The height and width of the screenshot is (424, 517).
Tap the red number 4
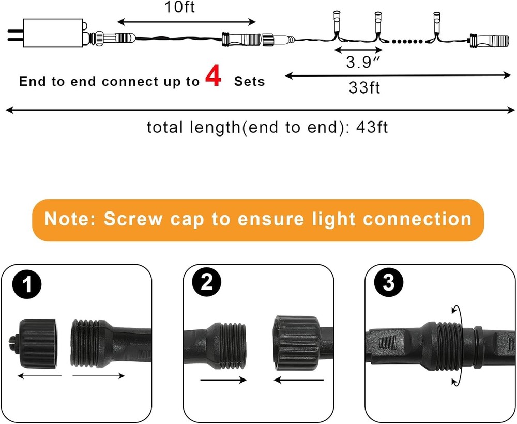[213, 76]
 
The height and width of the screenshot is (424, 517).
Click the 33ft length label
[364, 87]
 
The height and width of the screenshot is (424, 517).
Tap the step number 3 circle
[388, 283]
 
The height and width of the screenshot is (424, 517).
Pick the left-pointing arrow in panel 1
[39, 376]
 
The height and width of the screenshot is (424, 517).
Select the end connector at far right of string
[489, 39]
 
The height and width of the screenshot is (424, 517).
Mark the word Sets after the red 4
[249, 81]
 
